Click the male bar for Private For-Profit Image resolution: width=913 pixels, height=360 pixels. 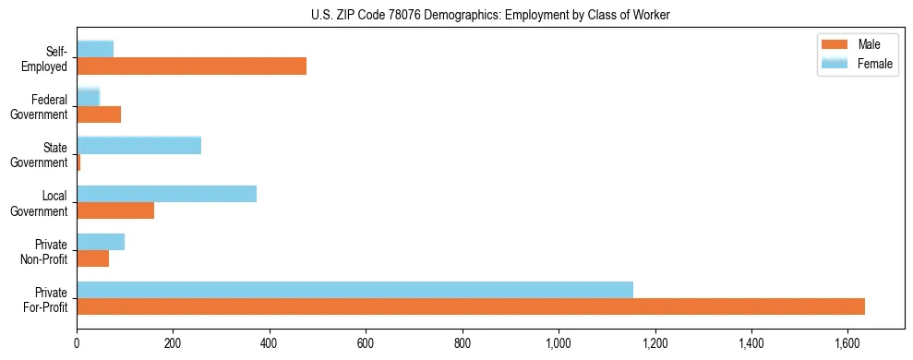coord(471,306)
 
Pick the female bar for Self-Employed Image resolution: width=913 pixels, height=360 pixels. coord(95,49)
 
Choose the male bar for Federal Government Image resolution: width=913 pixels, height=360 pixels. coord(99,114)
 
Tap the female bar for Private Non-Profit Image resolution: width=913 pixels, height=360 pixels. coord(101,242)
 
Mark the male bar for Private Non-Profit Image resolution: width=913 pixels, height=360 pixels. coord(92,258)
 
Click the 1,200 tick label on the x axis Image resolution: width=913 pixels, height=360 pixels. coord(655,343)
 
